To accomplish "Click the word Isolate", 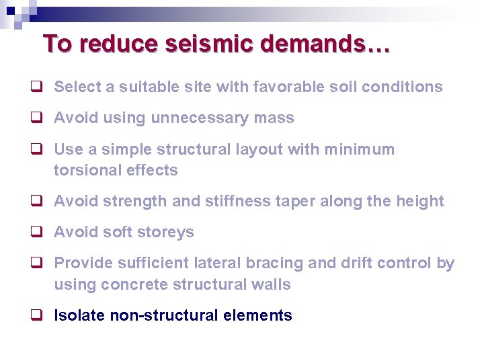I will pos(79,315).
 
